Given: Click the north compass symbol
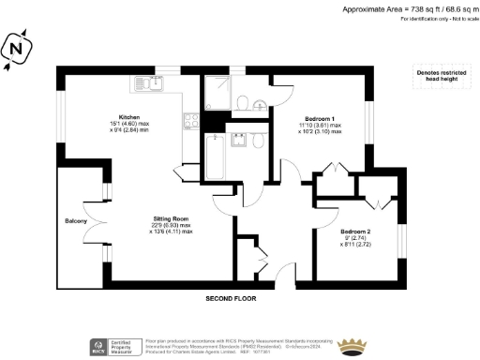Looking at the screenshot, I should pyautogui.click(x=16, y=48).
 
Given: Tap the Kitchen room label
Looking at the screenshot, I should pyautogui.click(x=128, y=117).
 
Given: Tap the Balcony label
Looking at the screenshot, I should pyautogui.click(x=76, y=221).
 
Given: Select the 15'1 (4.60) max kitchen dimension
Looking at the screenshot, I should pyautogui.click(x=128, y=126).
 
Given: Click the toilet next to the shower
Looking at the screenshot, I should pyautogui.click(x=243, y=100).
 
